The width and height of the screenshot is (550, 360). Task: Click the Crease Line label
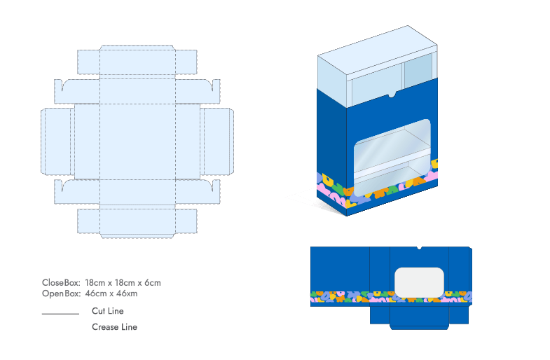click(114, 327)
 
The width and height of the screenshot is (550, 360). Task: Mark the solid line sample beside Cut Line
click(60, 314)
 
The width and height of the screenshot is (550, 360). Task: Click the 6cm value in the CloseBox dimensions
click(153, 283)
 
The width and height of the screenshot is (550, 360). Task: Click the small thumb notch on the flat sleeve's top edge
click(418, 248)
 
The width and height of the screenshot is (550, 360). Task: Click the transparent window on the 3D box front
click(392, 158)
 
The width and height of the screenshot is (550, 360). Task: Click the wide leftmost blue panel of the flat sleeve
click(340, 270)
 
